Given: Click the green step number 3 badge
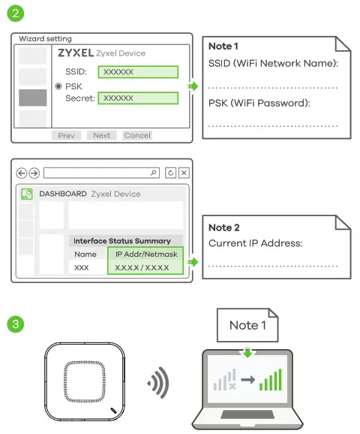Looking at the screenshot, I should click(x=15, y=324).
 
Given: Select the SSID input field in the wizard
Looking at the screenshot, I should click(x=139, y=72).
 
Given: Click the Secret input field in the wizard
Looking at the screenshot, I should click(x=139, y=98).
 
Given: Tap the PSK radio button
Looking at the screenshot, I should click(x=58, y=86).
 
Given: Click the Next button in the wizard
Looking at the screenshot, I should click(x=102, y=135).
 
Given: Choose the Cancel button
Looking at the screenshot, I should click(x=137, y=135).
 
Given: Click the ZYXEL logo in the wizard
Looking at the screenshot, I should click(x=75, y=53).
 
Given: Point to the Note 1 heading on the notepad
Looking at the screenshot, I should click(x=223, y=47).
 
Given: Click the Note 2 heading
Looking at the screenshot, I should click(x=223, y=228).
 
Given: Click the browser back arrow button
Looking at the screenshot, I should click(x=22, y=173).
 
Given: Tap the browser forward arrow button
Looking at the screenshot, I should click(x=34, y=173).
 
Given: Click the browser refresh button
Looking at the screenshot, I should click(x=171, y=173).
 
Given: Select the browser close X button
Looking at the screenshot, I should click(x=184, y=173).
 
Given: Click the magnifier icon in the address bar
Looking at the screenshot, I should click(x=154, y=173).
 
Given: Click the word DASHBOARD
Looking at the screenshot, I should click(x=62, y=194).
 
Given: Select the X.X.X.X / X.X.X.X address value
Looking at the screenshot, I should click(x=146, y=267).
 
